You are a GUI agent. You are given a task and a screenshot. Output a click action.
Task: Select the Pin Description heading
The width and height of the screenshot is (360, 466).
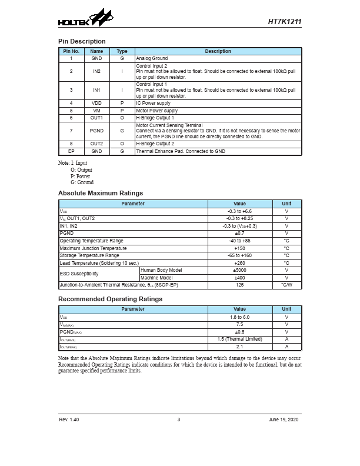point(82,41)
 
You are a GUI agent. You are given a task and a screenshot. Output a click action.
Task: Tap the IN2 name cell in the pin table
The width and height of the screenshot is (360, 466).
point(96,71)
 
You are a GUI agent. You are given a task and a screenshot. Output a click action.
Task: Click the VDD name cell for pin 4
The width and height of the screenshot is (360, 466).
point(96,103)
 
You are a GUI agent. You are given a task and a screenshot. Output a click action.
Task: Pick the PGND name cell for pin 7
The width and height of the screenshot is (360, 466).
point(96,131)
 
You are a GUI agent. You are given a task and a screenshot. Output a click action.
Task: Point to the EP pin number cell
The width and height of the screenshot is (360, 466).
point(71,151)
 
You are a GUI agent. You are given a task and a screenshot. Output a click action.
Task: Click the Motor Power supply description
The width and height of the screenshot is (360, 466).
point(156,111)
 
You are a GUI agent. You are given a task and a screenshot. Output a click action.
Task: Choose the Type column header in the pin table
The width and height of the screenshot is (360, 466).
point(122,51)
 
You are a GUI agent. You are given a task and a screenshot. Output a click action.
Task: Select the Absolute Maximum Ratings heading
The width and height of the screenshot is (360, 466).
point(101,193)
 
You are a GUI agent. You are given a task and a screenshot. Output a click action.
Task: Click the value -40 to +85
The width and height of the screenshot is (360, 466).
point(239,241)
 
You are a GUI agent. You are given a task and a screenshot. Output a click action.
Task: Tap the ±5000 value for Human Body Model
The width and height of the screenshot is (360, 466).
point(239,270)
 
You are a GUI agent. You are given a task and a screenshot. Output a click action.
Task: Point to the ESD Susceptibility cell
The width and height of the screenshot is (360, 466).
point(79,274)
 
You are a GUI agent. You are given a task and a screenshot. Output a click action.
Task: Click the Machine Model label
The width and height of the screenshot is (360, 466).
point(156,278)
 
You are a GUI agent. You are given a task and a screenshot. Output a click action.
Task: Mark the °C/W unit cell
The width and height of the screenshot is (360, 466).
point(286,285)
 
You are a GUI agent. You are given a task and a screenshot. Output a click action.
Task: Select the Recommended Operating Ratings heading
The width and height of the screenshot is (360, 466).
point(110,299)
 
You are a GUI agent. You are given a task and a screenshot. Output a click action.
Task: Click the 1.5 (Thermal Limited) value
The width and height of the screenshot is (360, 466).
point(239,339)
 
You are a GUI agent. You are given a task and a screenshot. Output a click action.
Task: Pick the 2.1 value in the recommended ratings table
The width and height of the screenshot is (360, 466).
point(239,347)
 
